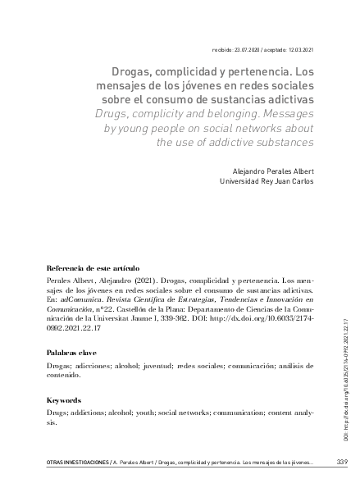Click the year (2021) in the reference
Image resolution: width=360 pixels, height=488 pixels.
pos(144,280)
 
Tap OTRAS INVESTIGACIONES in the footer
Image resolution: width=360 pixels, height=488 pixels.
pos(68,463)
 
